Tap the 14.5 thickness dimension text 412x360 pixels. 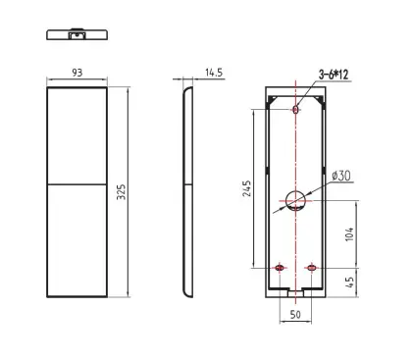pyautogui.click(x=213, y=73)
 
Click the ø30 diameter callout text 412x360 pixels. pyautogui.click(x=341, y=176)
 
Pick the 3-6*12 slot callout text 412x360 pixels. pyautogui.click(x=334, y=75)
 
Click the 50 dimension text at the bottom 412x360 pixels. pyautogui.click(x=295, y=315)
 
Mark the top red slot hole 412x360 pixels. pyautogui.click(x=296, y=110)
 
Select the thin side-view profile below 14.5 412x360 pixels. pyautogui.click(x=188, y=191)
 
